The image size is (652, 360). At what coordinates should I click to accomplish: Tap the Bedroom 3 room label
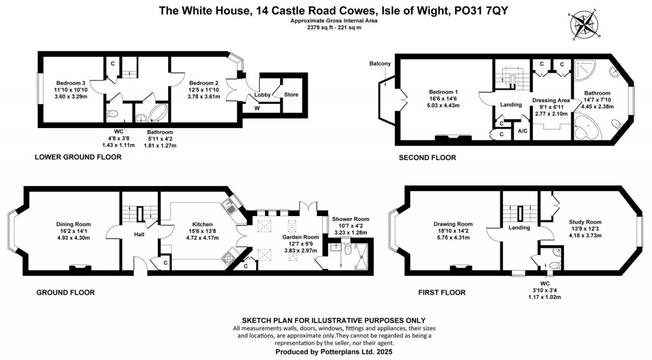pyautogui.click(x=70, y=83)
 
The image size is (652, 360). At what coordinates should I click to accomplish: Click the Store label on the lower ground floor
pyautogui.click(x=290, y=95)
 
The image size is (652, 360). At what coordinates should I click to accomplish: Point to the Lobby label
pyautogui.click(x=262, y=95)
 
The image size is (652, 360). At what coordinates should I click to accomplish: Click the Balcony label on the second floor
pyautogui.click(x=379, y=64)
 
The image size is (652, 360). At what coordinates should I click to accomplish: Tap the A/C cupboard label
pyautogui.click(x=523, y=131)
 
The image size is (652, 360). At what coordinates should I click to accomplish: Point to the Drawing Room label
pyautogui.click(x=453, y=224)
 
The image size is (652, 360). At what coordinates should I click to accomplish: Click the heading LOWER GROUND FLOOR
pyautogui.click(x=78, y=157)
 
